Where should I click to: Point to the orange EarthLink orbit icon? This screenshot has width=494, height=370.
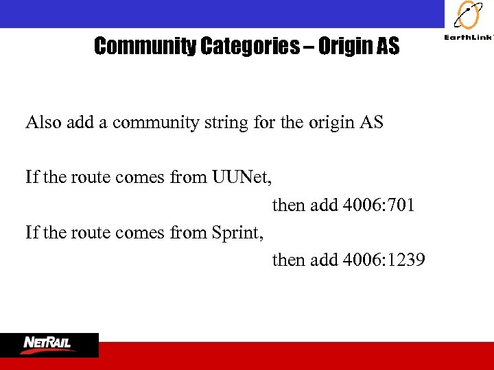click(469, 16)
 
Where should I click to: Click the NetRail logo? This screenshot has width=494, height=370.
click(49, 343)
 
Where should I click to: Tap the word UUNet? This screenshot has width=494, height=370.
click(242, 178)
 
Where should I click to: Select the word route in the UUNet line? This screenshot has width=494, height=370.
click(89, 178)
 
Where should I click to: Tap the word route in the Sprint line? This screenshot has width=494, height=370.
click(89, 233)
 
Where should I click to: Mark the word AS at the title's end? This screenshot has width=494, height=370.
click(386, 47)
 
